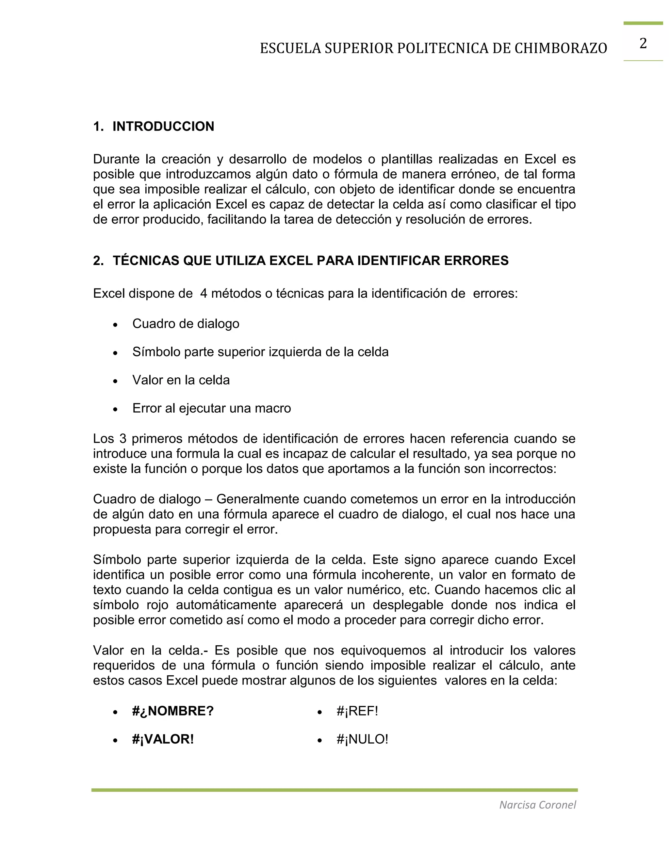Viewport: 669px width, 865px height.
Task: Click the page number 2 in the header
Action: pos(643,43)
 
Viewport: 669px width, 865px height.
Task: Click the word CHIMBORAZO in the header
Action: pos(561,48)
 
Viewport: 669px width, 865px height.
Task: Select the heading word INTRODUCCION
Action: pos(163,126)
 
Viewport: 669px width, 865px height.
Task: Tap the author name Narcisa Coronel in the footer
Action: pos(537,805)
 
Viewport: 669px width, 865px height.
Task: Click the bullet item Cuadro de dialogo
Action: pos(186,323)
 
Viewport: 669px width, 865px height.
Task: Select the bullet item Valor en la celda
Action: pos(181,380)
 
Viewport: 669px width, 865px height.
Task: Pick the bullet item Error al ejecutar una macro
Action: pos(211,408)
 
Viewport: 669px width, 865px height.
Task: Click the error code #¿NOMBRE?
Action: pos(173,711)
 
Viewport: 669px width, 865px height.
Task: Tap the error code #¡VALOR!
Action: pos(163,739)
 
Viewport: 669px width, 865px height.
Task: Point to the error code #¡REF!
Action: pos(357,711)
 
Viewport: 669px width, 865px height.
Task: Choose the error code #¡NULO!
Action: pos(362,739)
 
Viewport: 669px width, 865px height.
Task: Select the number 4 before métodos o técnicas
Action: pos(203,293)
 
